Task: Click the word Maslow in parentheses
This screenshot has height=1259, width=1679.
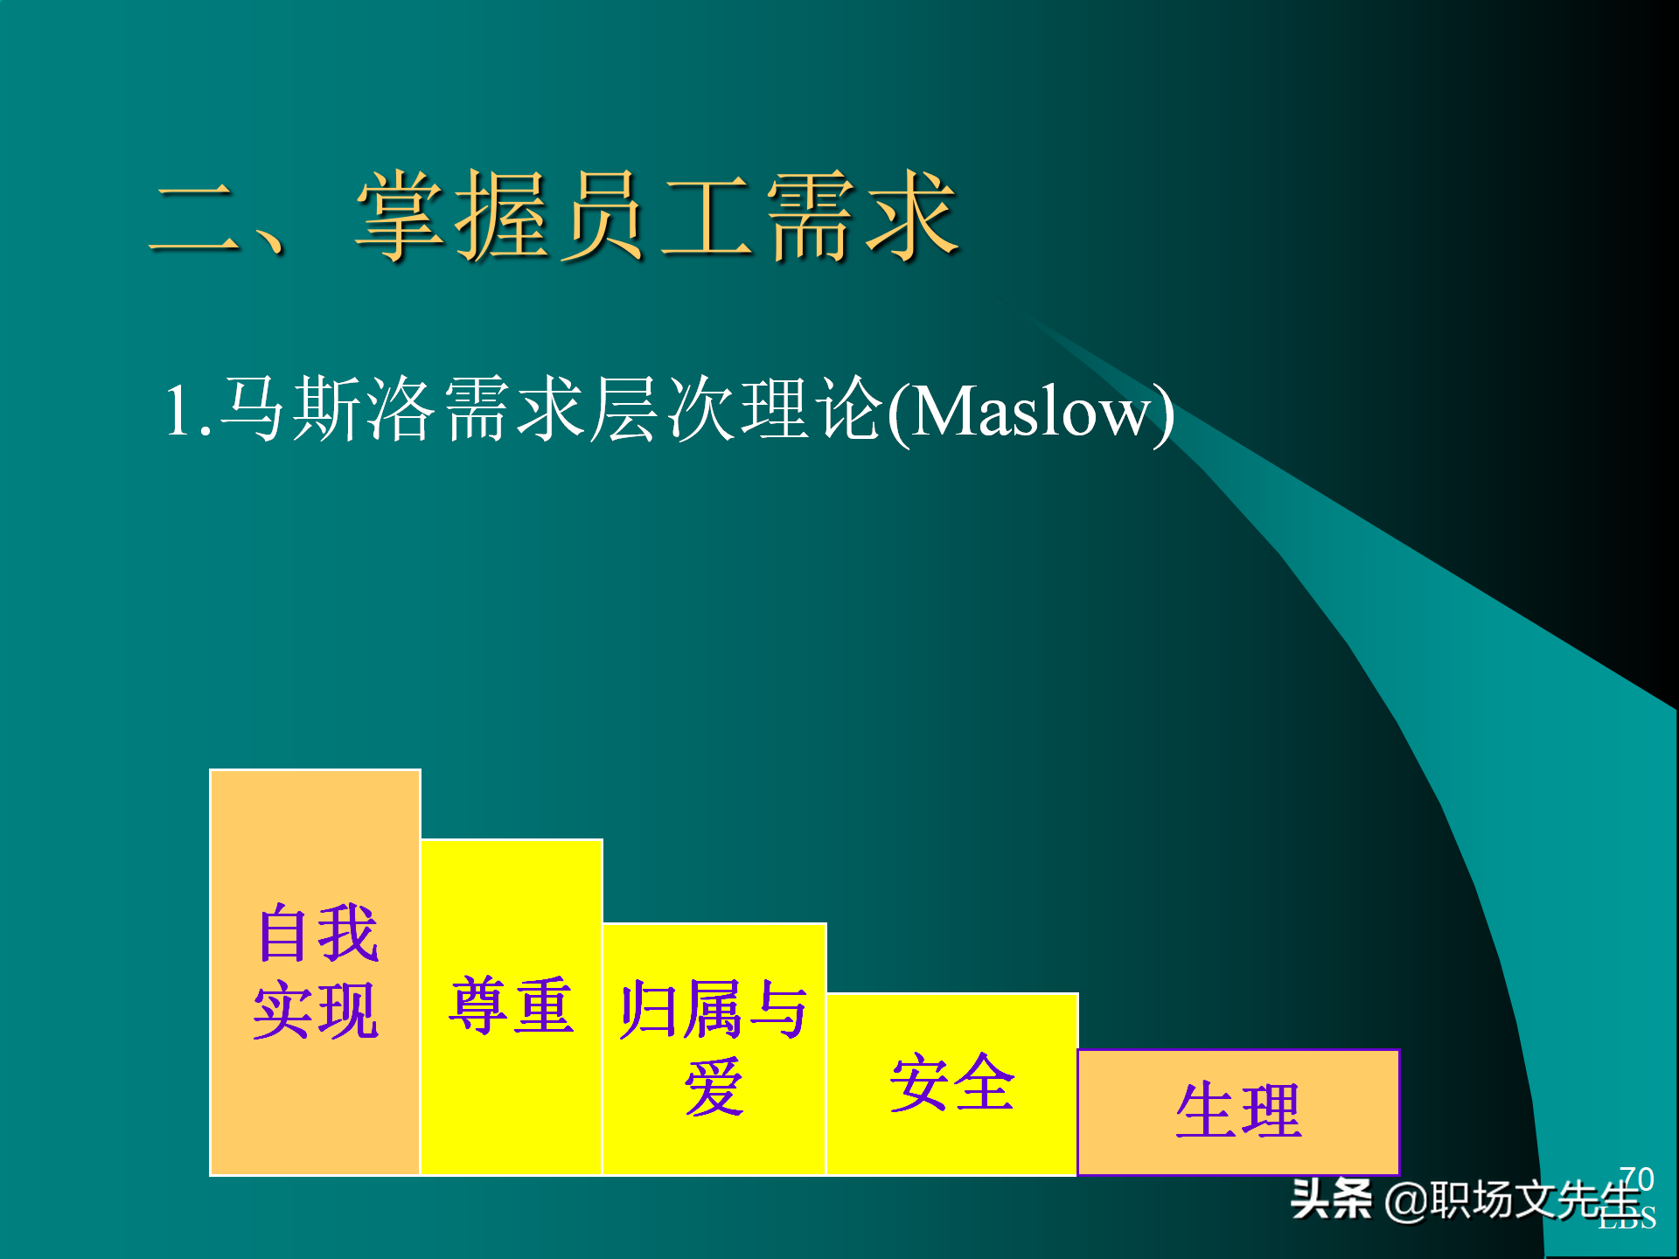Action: pyautogui.click(x=1030, y=411)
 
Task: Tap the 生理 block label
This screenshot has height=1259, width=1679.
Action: pyautogui.click(x=1238, y=1110)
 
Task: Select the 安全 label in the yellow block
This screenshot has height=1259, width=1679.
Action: pyautogui.click(x=951, y=1082)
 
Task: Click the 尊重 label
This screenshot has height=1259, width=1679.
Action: pyautogui.click(x=512, y=1006)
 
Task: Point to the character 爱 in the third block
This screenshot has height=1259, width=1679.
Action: pyautogui.click(x=714, y=1087)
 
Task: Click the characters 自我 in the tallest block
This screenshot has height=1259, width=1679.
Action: pyautogui.click(x=317, y=933)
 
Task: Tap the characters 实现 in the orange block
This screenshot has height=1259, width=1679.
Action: pyautogui.click(x=317, y=1010)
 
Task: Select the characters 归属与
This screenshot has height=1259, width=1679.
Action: pyautogui.click(x=714, y=1010)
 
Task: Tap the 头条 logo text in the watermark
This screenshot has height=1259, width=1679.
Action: pyautogui.click(x=1331, y=1199)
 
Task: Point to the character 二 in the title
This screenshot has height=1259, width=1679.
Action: pyautogui.click(x=194, y=219)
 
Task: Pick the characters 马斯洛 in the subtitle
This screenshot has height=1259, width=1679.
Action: pyautogui.click(x=327, y=409)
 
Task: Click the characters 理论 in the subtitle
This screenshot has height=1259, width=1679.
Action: pyautogui.click(x=812, y=409)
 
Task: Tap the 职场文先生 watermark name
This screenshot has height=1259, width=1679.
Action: pyautogui.click(x=1535, y=1199)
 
